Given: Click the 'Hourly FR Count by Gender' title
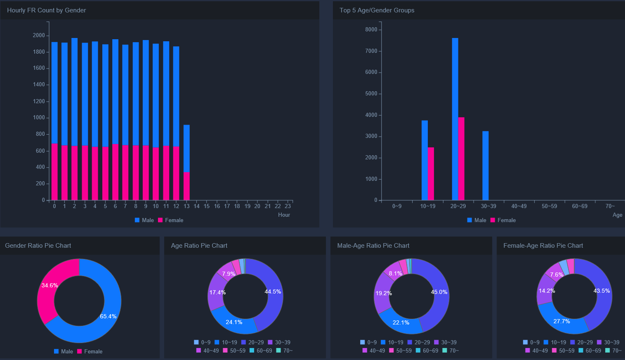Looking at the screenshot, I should (x=46, y=10).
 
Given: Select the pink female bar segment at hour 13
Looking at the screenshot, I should (x=186, y=186).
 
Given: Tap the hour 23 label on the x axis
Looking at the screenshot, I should (x=288, y=206).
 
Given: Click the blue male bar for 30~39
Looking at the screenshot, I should (x=485, y=166).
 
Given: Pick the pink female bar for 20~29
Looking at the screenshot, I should (x=461, y=159).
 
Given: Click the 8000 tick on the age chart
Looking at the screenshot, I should (x=371, y=30).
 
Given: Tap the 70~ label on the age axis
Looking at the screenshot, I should (x=610, y=206).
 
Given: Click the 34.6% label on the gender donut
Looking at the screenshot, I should (x=50, y=285).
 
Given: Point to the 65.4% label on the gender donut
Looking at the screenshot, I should (x=108, y=316).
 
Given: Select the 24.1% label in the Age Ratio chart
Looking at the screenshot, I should (x=234, y=322).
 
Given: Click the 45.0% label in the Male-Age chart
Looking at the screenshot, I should (x=439, y=292).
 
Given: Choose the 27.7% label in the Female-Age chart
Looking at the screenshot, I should (x=561, y=321).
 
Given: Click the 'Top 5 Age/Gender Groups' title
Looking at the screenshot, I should (x=377, y=10).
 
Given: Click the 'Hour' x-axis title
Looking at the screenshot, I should (x=284, y=215).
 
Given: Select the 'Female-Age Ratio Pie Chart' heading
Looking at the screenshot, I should (x=543, y=246).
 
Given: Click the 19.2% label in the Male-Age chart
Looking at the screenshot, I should (x=383, y=293).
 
